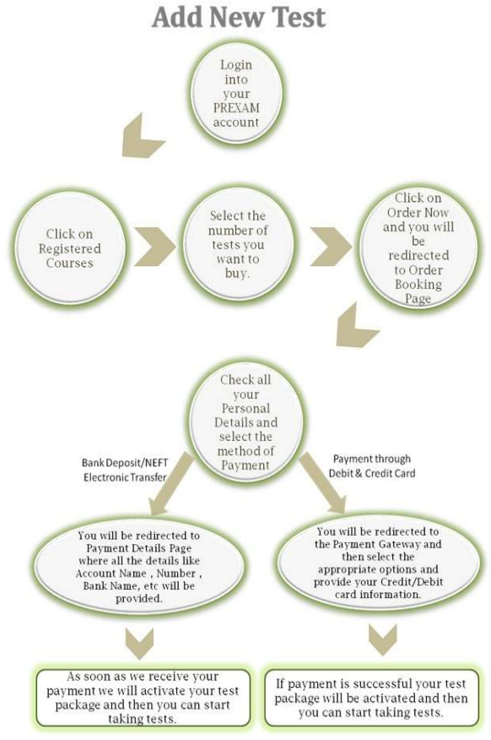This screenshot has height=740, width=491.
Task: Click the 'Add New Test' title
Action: (x=239, y=17)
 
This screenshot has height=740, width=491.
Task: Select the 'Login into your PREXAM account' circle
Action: (x=236, y=93)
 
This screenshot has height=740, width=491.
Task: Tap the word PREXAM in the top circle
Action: (x=236, y=108)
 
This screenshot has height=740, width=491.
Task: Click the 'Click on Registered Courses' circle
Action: (x=70, y=248)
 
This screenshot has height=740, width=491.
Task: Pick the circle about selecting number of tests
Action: (x=238, y=246)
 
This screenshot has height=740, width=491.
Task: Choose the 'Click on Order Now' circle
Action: (x=418, y=247)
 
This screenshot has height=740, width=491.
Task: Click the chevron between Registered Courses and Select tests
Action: (x=154, y=247)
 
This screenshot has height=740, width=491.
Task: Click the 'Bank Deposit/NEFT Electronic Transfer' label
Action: (x=125, y=470)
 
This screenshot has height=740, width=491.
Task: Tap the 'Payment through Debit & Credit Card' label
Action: (x=372, y=465)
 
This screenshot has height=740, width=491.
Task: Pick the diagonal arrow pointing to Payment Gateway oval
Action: (x=323, y=483)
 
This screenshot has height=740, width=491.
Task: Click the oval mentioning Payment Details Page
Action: (x=139, y=566)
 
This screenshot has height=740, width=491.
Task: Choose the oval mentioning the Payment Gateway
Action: (x=379, y=563)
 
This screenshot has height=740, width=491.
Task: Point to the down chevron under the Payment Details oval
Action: (x=140, y=643)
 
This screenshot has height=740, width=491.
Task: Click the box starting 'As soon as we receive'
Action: (x=143, y=698)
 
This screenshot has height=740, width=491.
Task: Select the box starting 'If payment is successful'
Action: (x=371, y=698)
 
